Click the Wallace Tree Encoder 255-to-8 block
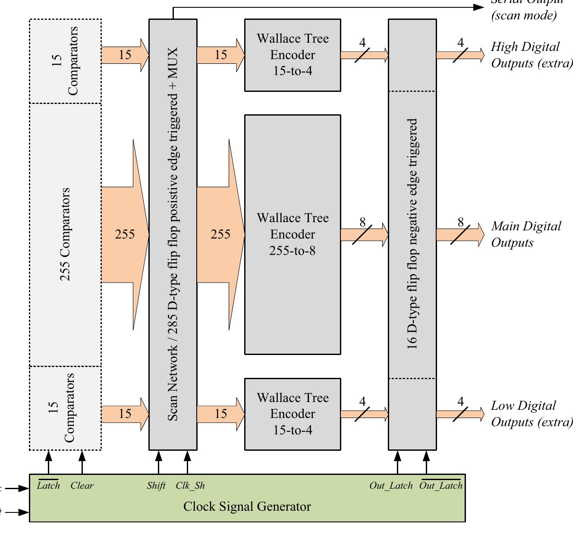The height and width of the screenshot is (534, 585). coord(292,234)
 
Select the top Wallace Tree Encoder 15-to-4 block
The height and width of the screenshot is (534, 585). coord(292,55)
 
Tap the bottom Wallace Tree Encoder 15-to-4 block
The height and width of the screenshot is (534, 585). coord(292,414)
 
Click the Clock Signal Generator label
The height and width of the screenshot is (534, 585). coord(247,506)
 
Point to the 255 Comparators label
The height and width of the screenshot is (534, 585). coord(65,234)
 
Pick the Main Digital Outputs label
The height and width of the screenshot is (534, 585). coord(526,234)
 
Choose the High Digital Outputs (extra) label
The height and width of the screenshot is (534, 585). coord(532,55)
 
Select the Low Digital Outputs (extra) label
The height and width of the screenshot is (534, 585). coord(532,414)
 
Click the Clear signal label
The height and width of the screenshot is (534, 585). coord(82,486)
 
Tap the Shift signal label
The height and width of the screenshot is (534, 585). coord(156,486)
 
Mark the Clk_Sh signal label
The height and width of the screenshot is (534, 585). coord(190,486)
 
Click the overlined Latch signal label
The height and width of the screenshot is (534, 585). coord(48,486)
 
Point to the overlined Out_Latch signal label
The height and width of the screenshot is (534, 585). coord(440,486)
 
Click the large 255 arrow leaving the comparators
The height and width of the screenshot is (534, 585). coord(125,234)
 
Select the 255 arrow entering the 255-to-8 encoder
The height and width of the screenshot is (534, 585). coord(220,234)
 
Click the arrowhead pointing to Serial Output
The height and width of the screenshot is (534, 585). coord(479,7)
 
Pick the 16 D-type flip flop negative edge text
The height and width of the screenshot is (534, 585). coord(412,234)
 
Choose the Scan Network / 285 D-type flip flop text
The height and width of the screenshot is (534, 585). coord(173,234)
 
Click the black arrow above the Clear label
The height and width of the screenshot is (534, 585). coord(82,462)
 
